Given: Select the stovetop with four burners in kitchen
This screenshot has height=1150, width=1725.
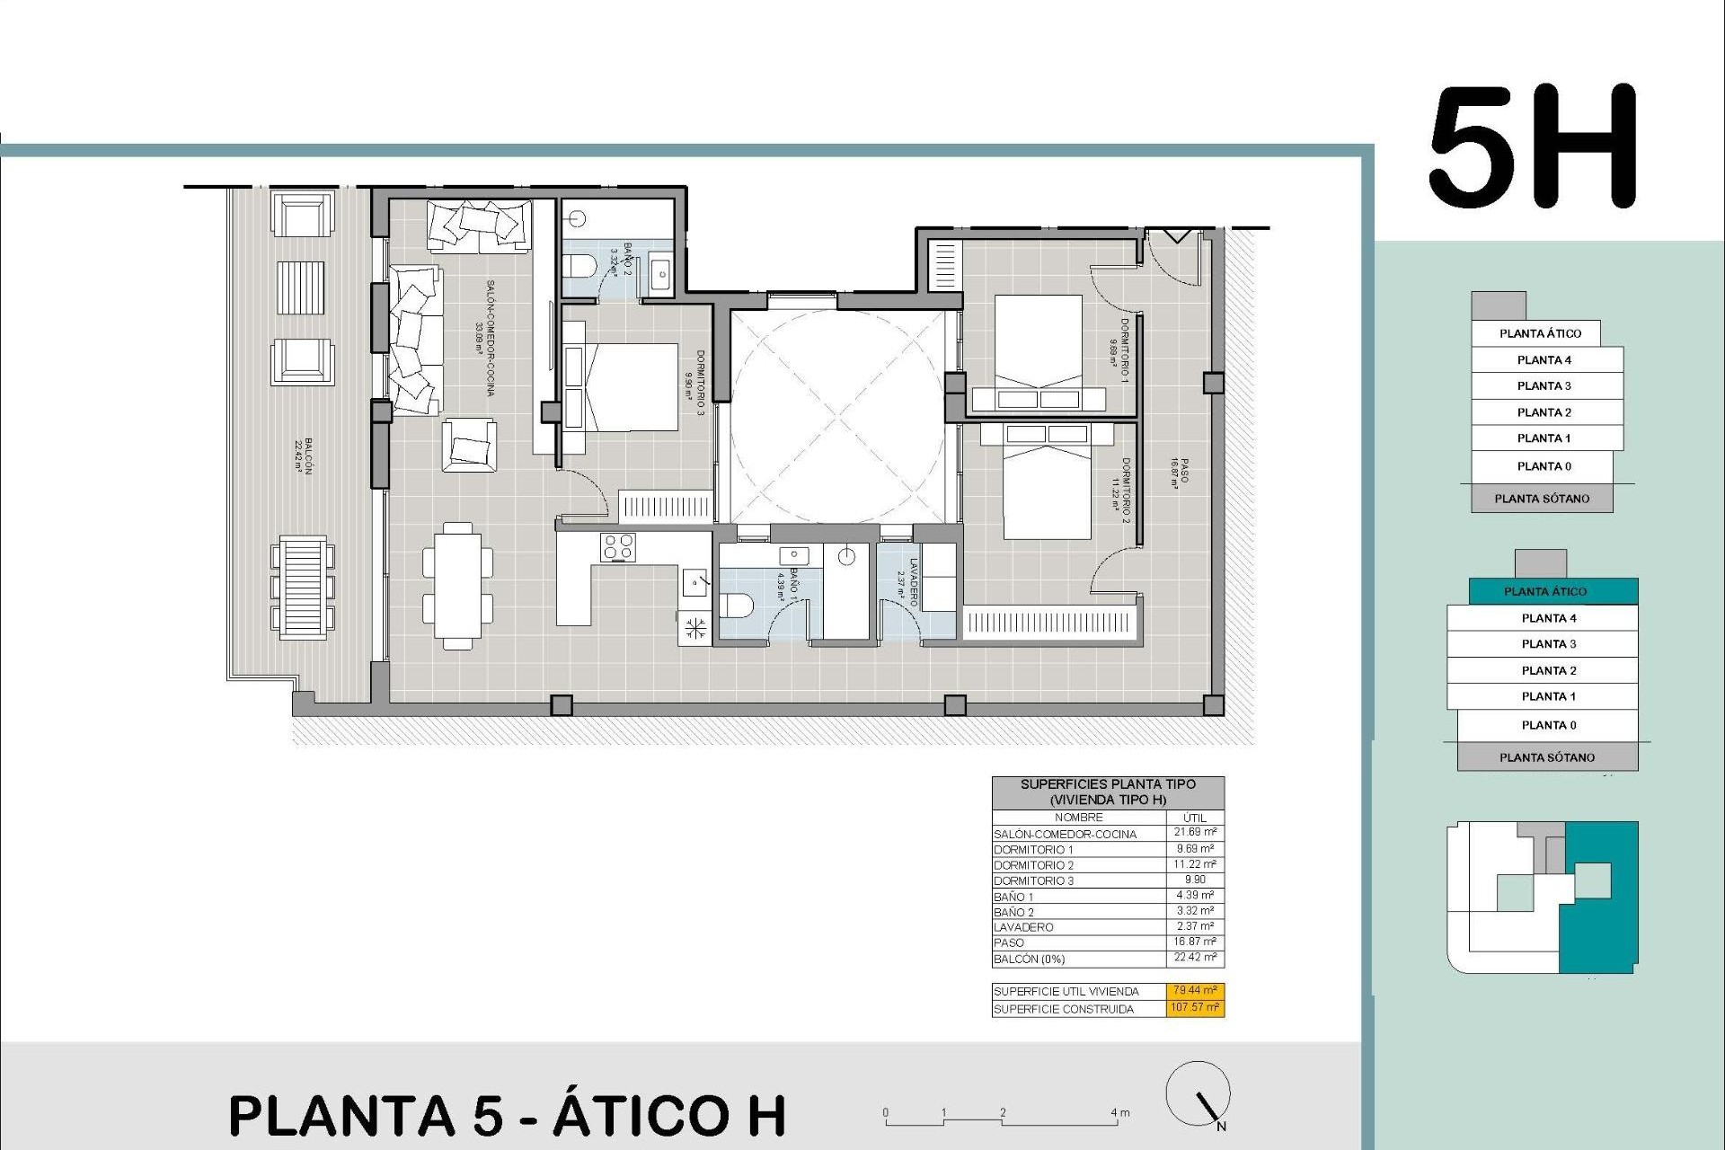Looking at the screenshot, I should pos(618,547).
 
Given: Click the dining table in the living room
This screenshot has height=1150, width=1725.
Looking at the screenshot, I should pos(457,585).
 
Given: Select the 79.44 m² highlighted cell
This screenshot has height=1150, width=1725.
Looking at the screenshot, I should pos(1195,990).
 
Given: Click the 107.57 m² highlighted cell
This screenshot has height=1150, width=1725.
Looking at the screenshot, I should pos(1195,1007).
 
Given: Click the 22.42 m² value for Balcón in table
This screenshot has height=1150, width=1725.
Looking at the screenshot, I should pos(1195,958).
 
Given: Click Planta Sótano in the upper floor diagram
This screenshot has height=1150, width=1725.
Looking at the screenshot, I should pos(1542,499).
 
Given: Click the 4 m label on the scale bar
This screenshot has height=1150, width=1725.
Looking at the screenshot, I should pos(1119,1112).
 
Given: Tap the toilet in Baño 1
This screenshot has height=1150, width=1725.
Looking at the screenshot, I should pos(740,605).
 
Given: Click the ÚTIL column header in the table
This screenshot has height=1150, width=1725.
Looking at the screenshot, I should pos(1195,818).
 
